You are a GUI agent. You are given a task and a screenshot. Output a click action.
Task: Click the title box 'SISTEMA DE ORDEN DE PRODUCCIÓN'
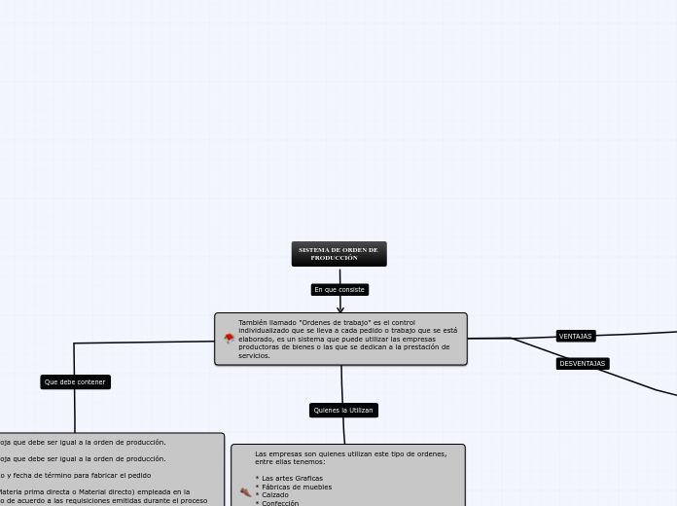(338, 254)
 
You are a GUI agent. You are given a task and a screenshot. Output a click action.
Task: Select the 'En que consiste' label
(339, 290)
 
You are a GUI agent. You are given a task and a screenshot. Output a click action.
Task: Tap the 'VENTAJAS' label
(575, 337)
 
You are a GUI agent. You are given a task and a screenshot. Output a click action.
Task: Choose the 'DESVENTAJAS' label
(582, 364)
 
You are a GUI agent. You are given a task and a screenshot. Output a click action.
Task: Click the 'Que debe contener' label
(75, 382)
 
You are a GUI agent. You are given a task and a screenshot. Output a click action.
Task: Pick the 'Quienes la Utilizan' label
(342, 411)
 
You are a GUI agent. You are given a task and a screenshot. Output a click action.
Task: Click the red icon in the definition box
(229, 339)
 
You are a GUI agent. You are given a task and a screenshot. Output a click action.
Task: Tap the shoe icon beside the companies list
(245, 492)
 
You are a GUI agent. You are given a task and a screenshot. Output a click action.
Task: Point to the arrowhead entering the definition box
(340, 309)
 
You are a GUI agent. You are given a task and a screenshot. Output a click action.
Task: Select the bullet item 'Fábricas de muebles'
(296, 488)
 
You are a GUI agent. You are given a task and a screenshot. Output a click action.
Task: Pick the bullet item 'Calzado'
(274, 495)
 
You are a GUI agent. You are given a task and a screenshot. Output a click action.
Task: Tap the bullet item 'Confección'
(279, 503)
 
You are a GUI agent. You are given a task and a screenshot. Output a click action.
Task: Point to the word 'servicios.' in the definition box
(254, 356)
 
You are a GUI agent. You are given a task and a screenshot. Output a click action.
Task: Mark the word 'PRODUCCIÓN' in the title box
(334, 259)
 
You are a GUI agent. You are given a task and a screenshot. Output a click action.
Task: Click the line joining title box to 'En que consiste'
(339, 274)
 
